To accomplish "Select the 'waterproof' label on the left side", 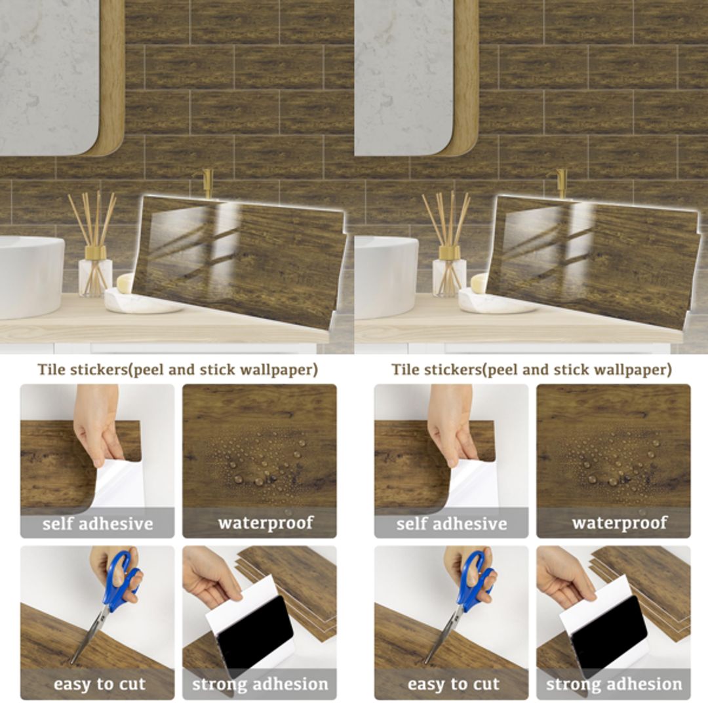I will coord(265,523).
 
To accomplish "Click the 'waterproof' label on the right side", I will coord(619,523).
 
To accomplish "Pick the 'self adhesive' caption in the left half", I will coord(98,524).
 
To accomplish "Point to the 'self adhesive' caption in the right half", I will coord(452,524).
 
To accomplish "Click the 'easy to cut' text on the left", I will coord(98,684).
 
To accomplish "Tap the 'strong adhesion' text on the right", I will coord(614,684).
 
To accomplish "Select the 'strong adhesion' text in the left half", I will coord(260,684).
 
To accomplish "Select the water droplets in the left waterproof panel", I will coord(259,459).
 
